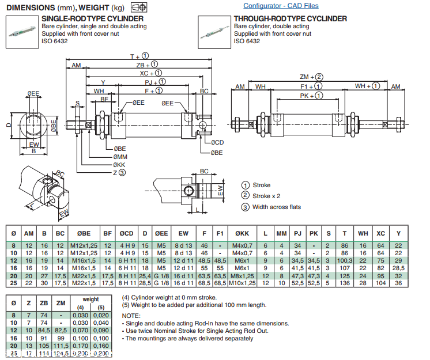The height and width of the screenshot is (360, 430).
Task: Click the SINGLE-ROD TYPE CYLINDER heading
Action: click(x=92, y=19)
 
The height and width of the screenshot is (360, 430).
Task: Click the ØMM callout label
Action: click(x=120, y=157)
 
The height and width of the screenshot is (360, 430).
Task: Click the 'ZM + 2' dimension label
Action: click(x=311, y=77)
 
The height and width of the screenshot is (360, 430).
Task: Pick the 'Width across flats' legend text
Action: click(x=277, y=207)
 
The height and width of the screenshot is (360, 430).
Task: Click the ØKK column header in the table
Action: click(x=243, y=233)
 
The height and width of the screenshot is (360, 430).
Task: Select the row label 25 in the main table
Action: click(x=14, y=283)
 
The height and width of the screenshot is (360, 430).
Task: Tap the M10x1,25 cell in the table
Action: click(x=243, y=283)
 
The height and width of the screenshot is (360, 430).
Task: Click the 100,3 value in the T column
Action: click(x=344, y=261)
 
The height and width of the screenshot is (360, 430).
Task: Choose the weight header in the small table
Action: click(x=90, y=300)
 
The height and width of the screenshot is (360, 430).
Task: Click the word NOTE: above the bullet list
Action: click(x=131, y=316)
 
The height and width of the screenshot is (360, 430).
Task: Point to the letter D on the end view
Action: click(x=9, y=124)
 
